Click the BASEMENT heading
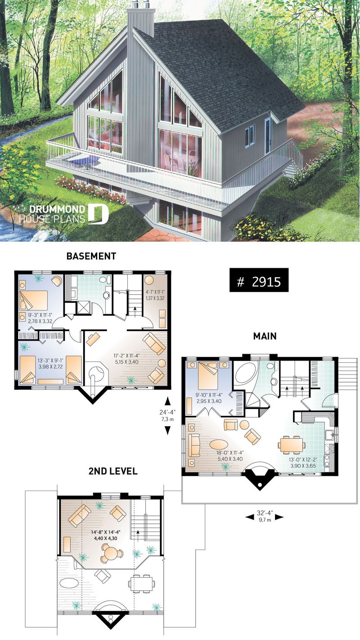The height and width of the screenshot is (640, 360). point(91,256)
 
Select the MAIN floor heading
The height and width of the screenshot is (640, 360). point(265,336)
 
